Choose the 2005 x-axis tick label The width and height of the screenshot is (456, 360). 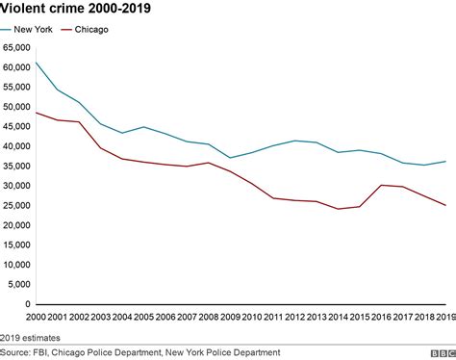point(144,316)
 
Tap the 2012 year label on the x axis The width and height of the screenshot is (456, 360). point(294,316)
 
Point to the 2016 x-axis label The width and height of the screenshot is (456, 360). point(380,316)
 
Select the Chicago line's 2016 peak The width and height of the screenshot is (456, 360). point(380,185)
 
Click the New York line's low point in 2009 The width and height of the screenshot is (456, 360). point(230,158)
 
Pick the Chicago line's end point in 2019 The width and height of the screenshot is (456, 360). point(443,205)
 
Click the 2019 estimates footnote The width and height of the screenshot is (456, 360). point(33,336)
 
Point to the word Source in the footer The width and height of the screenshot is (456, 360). point(15,351)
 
